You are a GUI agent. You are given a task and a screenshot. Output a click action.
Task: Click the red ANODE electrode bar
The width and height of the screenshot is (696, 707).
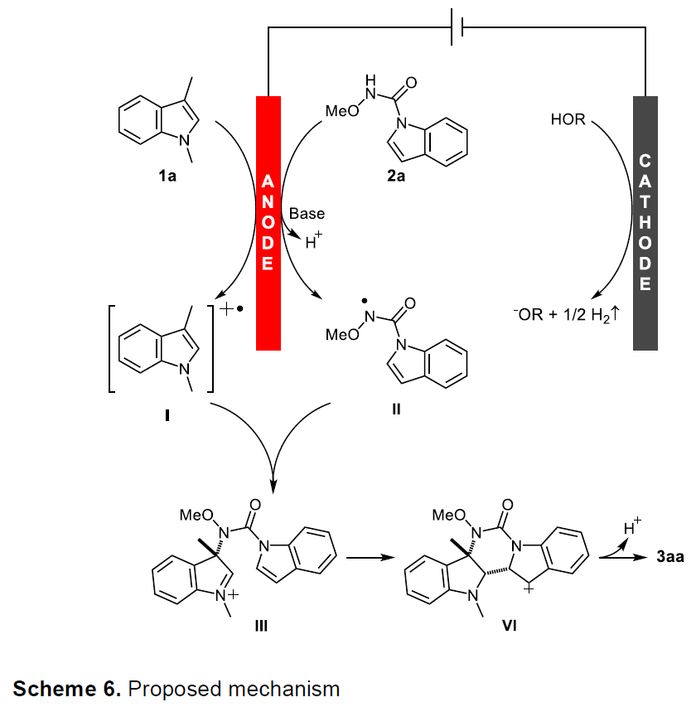click(268, 223)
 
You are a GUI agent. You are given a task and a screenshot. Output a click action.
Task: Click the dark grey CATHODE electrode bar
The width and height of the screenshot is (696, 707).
click(645, 223)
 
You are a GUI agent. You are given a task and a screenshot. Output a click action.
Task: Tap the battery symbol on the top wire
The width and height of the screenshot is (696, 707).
click(457, 27)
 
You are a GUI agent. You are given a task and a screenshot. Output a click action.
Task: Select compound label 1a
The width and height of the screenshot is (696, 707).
click(167, 176)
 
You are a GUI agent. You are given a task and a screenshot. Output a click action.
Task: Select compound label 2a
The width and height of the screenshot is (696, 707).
click(396, 176)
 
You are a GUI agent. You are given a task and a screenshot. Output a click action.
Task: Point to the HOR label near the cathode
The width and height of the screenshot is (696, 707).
click(568, 119)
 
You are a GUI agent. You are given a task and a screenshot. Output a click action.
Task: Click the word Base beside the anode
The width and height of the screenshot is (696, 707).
click(307, 213)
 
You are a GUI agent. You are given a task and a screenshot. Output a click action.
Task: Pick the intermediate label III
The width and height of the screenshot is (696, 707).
click(261, 626)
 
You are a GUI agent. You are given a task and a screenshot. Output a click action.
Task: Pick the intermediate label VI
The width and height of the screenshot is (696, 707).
click(510, 626)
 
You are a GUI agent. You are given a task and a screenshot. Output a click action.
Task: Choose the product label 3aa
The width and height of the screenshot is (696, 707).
click(670, 557)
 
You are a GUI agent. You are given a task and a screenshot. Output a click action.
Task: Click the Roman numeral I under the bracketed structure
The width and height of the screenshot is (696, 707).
click(167, 415)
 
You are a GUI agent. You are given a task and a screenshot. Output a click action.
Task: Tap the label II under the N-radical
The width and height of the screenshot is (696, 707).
click(396, 409)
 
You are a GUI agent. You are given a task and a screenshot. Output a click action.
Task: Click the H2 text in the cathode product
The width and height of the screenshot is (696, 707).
click(601, 315)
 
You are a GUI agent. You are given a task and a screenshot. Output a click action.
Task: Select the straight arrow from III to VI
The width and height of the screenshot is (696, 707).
click(370, 558)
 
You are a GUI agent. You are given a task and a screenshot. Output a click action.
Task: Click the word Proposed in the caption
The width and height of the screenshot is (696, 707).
click(176, 690)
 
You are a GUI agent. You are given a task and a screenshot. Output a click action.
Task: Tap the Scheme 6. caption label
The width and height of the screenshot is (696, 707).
click(67, 689)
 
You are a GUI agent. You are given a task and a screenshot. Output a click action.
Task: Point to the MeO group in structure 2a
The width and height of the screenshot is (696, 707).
click(342, 111)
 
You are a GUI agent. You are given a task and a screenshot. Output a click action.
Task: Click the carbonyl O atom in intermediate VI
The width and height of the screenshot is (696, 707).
click(508, 504)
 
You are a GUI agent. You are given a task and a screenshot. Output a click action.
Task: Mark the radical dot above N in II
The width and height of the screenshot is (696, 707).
click(365, 301)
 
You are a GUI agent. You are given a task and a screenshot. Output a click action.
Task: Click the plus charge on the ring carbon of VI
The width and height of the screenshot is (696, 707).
click(529, 588)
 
